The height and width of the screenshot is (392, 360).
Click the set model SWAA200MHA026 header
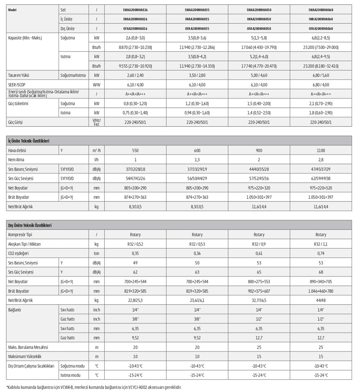click(135, 10)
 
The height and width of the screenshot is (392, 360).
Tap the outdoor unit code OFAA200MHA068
click(321, 28)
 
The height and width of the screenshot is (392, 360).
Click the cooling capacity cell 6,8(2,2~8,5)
click(321, 38)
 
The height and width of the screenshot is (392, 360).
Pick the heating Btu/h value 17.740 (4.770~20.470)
click(259, 66)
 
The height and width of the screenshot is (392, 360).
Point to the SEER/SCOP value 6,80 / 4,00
click(321, 85)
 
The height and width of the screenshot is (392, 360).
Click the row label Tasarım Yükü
click(18, 75)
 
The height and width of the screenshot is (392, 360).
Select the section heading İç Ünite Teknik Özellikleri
click(28, 141)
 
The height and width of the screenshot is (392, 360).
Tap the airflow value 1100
click(321, 151)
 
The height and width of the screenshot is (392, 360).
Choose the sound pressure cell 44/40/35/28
click(259, 169)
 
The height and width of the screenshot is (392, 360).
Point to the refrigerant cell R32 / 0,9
click(259, 244)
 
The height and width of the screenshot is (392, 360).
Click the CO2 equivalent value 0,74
click(321, 253)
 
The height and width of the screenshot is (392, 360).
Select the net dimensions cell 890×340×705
click(321, 281)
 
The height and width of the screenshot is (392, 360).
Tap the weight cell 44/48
click(321, 300)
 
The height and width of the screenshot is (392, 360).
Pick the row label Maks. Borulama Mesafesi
click(28, 347)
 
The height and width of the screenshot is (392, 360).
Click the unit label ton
click(96, 253)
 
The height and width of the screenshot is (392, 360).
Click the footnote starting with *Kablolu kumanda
click(94, 387)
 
